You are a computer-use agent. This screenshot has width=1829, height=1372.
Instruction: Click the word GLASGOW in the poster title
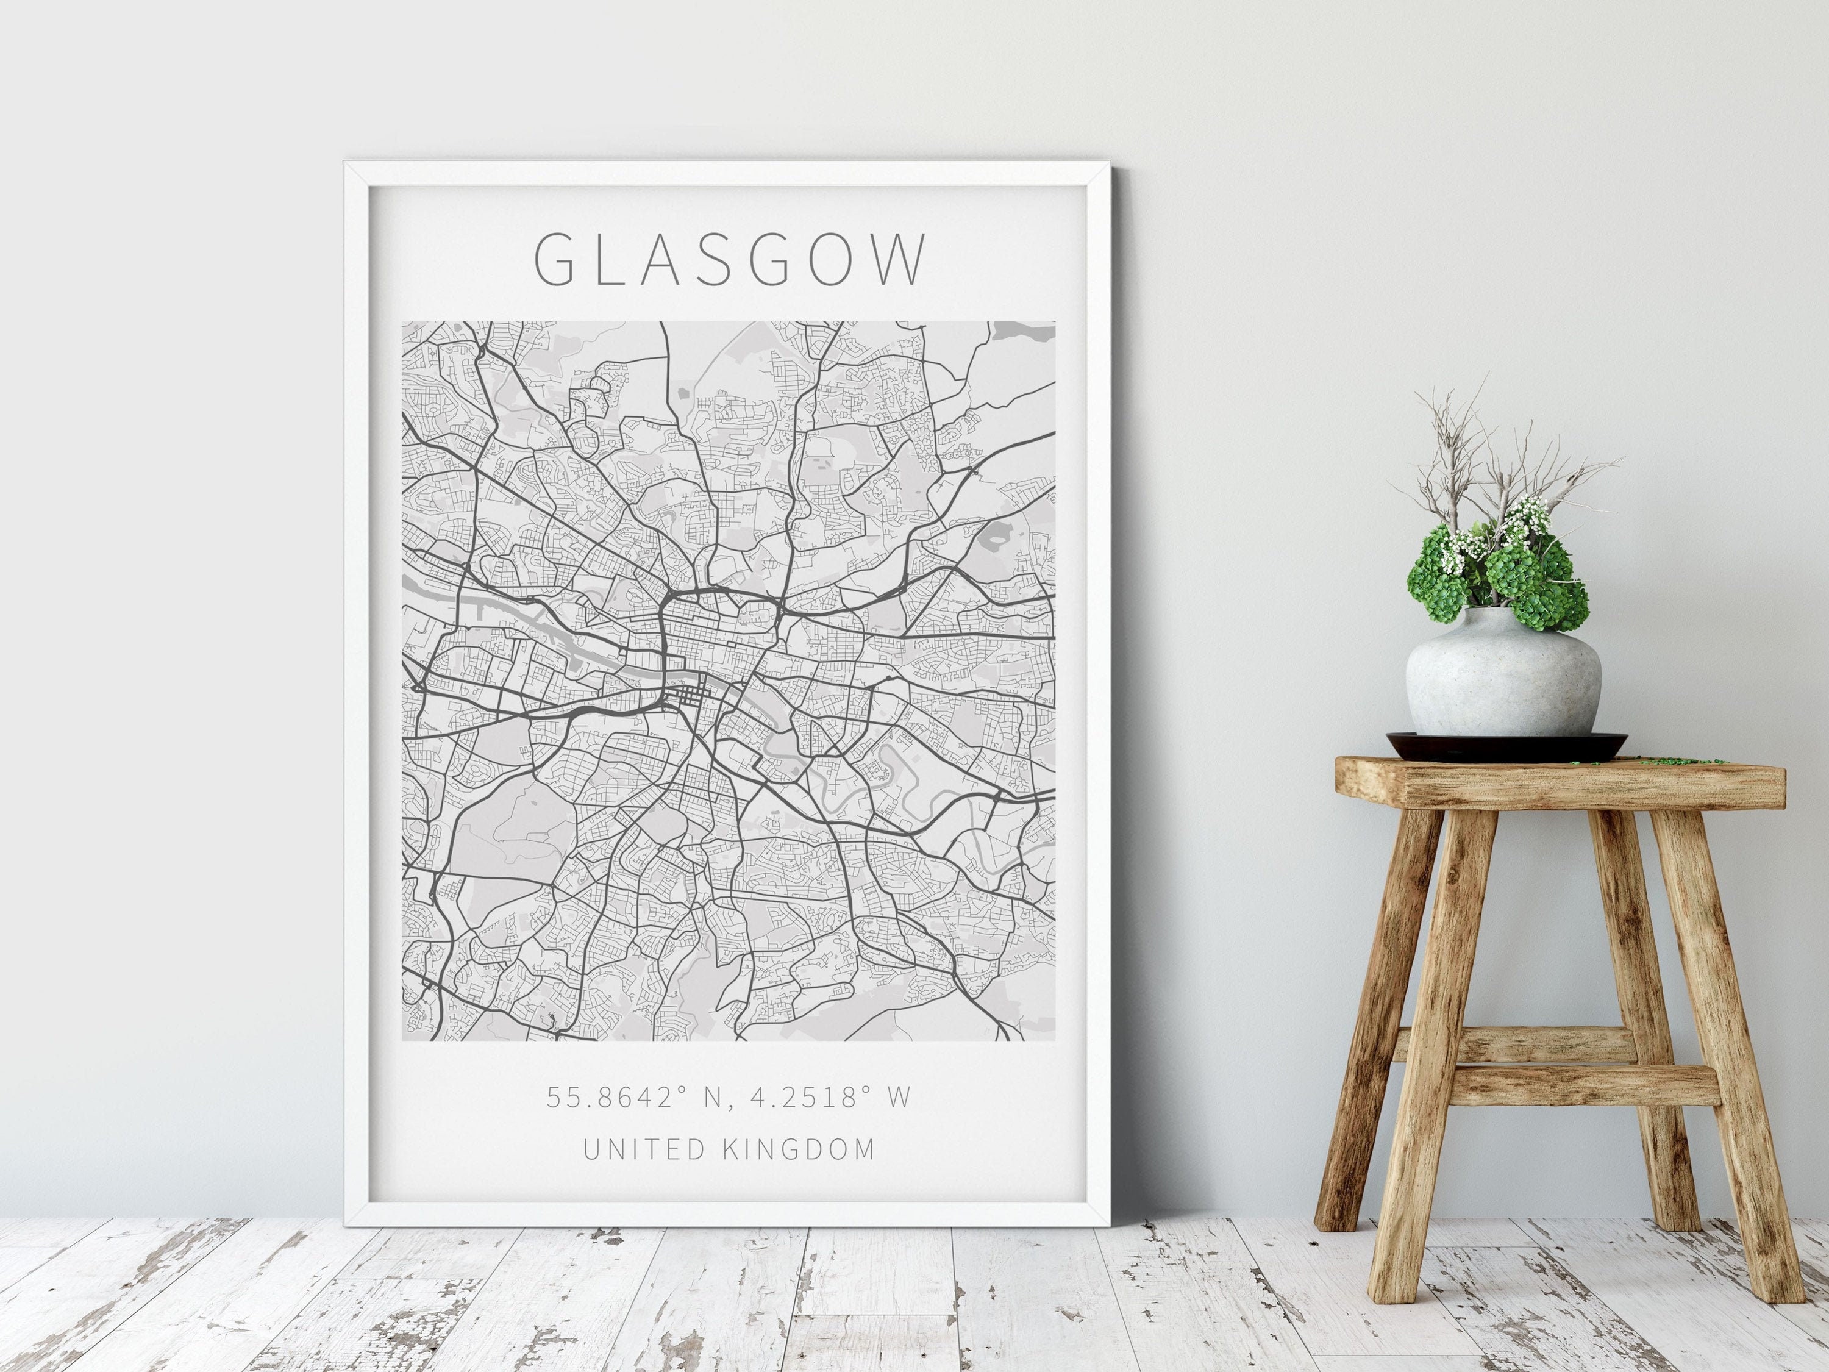[731, 260]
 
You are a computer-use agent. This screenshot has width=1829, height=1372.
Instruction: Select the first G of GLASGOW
[555, 260]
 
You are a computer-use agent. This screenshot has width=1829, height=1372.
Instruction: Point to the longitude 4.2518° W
[830, 1096]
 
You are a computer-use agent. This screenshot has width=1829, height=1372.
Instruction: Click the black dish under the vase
[1506, 745]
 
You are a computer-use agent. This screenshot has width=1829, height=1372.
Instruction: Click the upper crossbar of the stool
[1513, 1044]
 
